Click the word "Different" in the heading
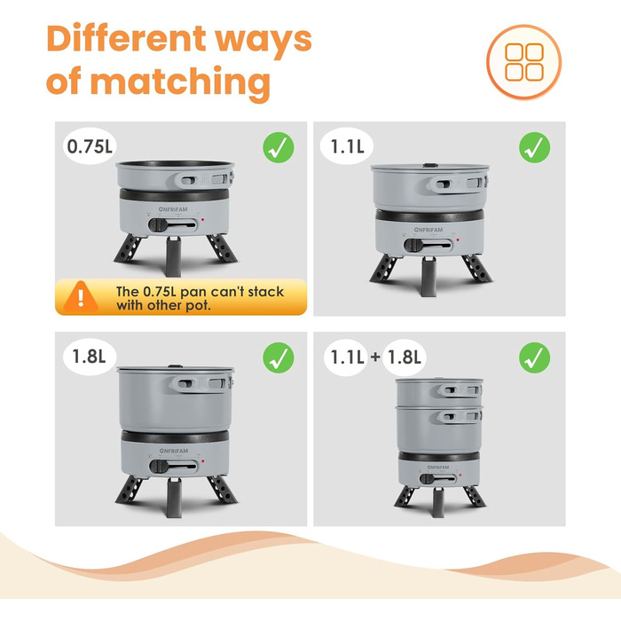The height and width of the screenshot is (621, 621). coord(126,39)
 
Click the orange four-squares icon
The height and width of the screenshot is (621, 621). coord(524,62)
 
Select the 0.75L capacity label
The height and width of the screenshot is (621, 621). coord(90,146)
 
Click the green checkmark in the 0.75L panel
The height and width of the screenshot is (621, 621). coord(279,147)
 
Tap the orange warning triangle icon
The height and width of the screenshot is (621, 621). coord(81,296)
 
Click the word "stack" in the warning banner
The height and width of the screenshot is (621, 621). coord(265,292)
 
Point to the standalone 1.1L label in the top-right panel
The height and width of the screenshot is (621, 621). coord(347,146)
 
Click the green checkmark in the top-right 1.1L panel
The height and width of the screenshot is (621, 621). coord(534,147)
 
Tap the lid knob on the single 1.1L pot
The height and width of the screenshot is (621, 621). coord(428,165)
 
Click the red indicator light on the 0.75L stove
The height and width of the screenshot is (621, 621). coord(202,219)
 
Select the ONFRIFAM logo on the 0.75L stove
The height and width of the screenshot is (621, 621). coord(173,209)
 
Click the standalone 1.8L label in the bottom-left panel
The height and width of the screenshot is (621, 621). coord(90,357)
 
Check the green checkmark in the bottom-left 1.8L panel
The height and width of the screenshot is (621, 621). coord(279,358)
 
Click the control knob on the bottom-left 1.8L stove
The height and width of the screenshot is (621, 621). coord(159,466)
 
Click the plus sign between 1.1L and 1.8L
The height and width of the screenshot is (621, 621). coord(375,357)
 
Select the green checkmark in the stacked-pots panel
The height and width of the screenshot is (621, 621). coord(534,358)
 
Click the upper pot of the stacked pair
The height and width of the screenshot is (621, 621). coord(439,391)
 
